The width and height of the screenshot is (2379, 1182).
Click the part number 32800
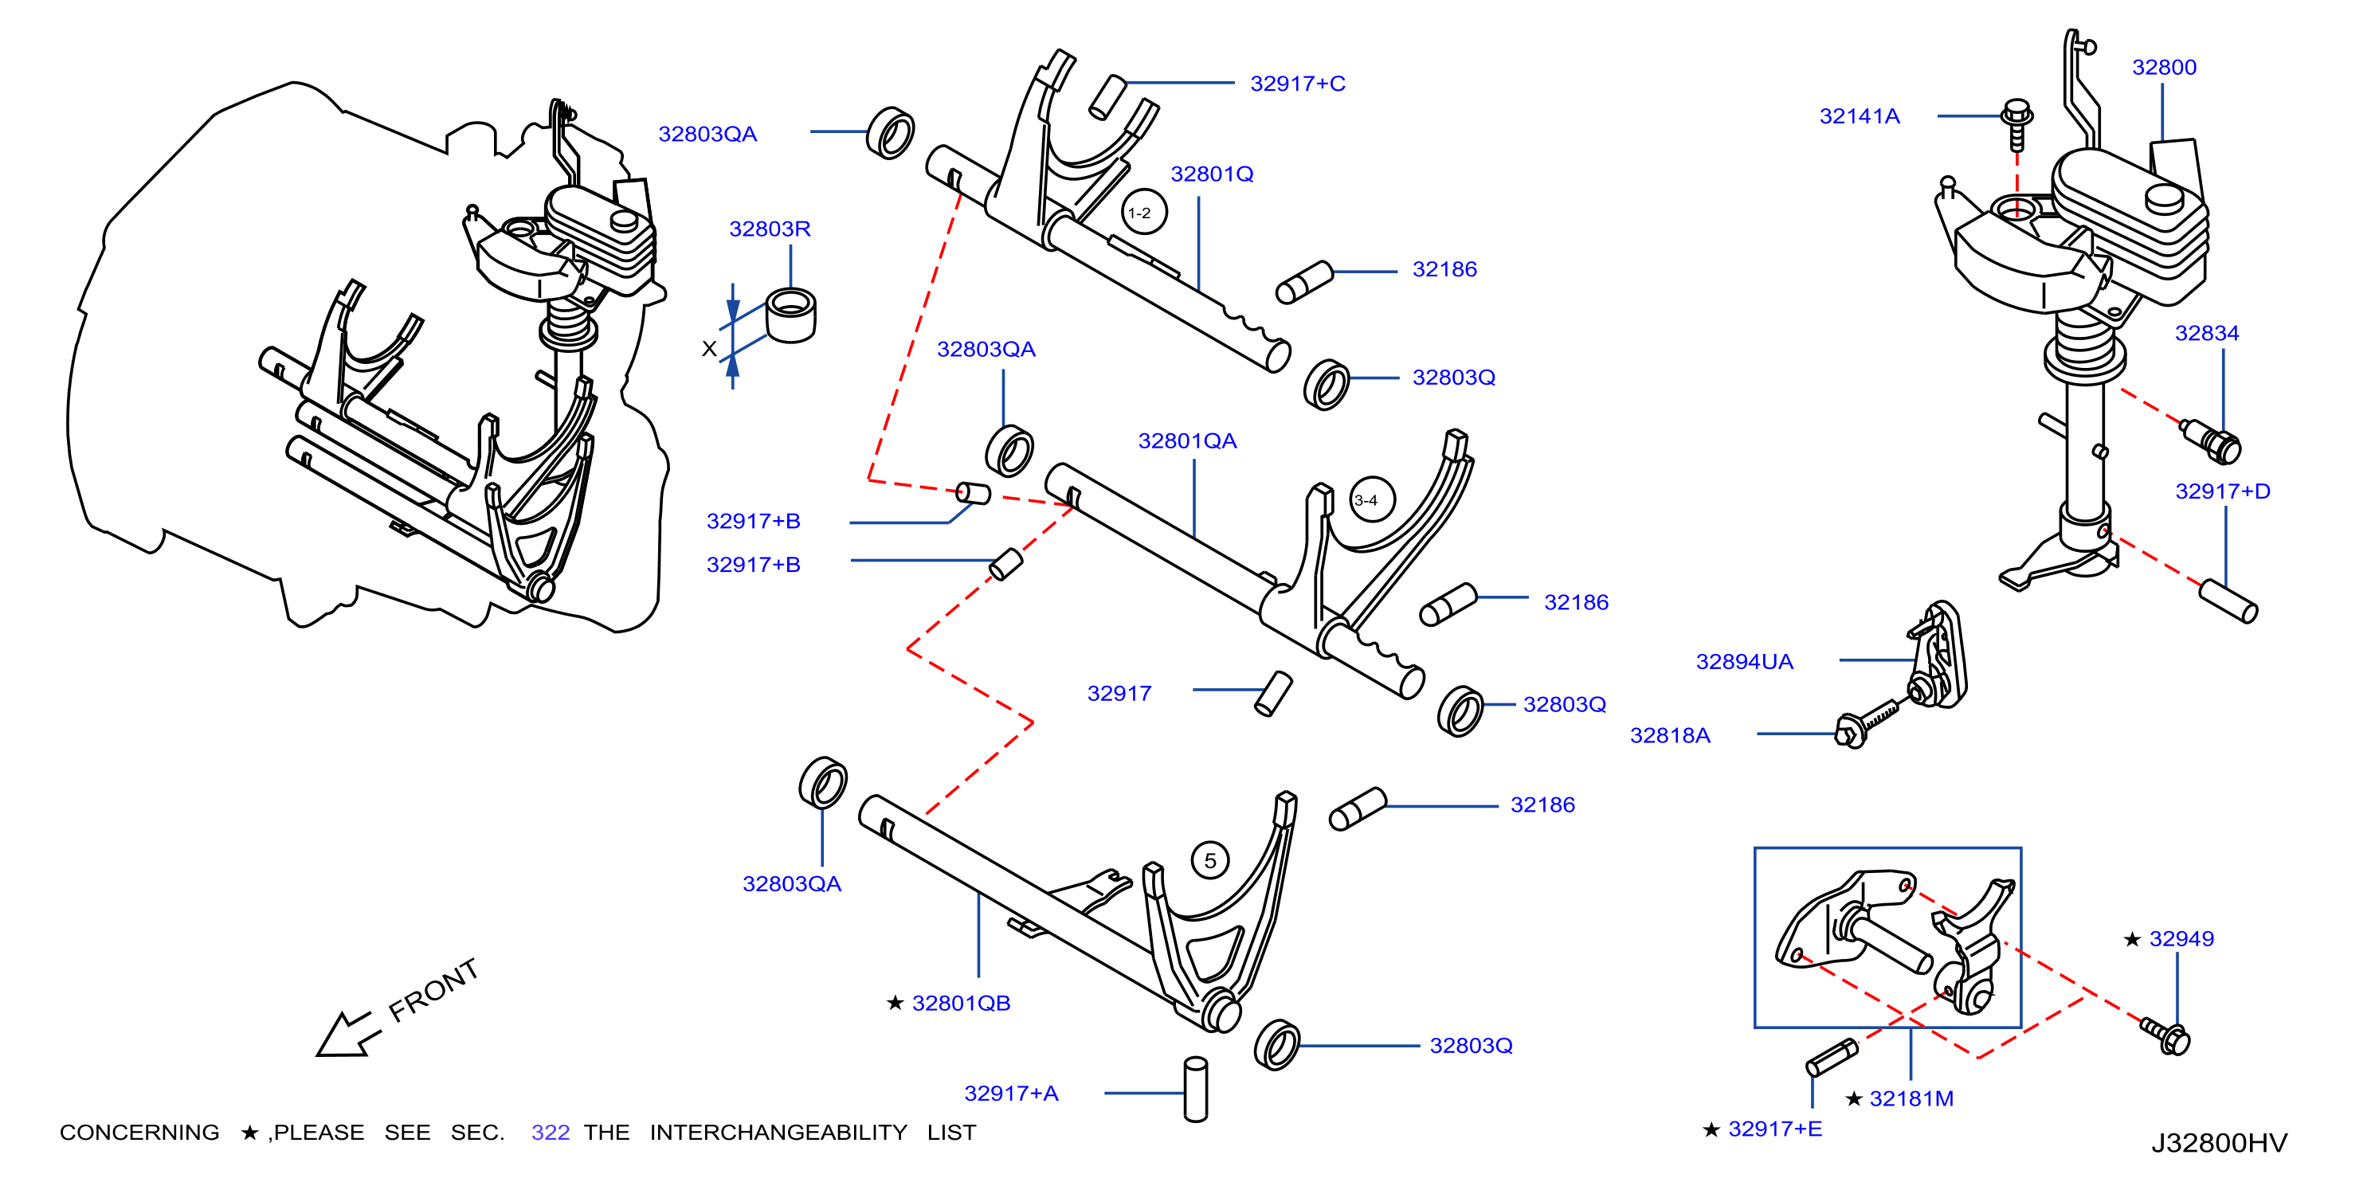[x=2164, y=68]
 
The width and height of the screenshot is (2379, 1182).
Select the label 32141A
[x=1859, y=116]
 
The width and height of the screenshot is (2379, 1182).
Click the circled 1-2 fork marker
[x=1144, y=213]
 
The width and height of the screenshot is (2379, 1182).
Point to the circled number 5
[x=1210, y=861]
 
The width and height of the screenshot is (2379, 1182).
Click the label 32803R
[x=770, y=229]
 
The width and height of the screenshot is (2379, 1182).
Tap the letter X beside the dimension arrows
[x=709, y=349]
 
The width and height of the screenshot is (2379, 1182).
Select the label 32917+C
[x=1298, y=84]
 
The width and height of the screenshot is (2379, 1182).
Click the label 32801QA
[x=1187, y=441]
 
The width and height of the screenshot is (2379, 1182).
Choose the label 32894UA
[x=1745, y=662]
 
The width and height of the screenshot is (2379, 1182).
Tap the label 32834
[x=2206, y=334]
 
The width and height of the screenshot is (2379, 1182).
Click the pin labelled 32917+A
[x=1196, y=1089]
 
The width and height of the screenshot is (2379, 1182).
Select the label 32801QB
[x=961, y=1004]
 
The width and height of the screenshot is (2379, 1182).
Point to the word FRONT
[x=433, y=990]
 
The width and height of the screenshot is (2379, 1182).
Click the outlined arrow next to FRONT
[x=348, y=1034]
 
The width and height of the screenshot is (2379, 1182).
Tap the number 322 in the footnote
[x=551, y=1133]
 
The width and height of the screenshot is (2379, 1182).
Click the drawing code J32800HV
[x=2219, y=1143]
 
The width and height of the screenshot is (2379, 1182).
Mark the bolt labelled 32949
[x=2165, y=1035]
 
